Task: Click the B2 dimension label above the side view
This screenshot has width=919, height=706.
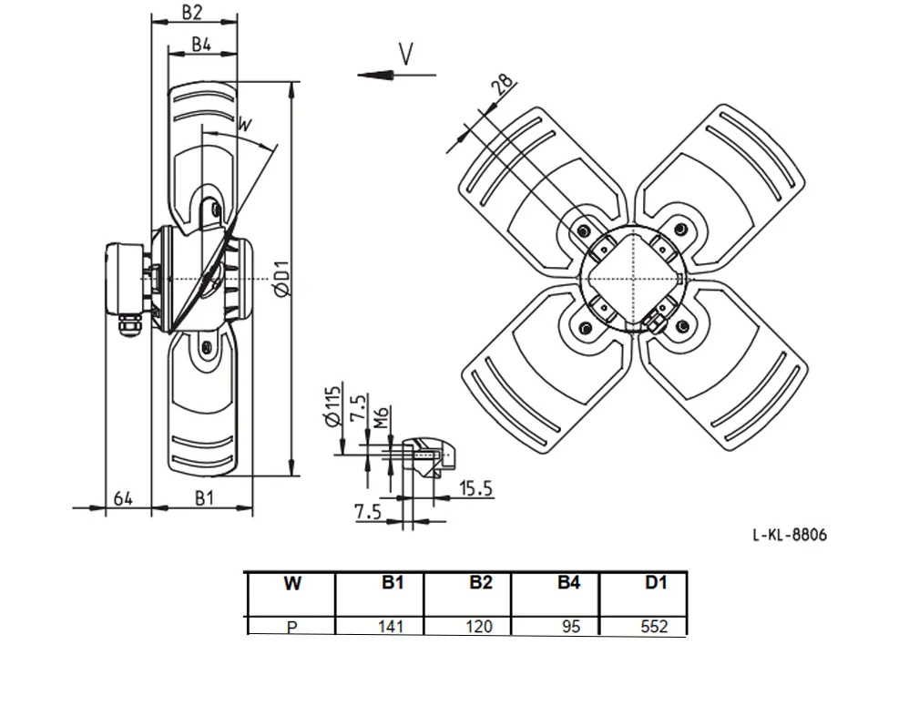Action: tap(191, 11)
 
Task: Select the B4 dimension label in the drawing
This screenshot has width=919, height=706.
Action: tap(201, 44)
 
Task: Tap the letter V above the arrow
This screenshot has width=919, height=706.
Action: tap(405, 54)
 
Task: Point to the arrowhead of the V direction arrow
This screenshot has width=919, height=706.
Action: tap(375, 75)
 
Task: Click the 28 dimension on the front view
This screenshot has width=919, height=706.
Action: tap(502, 85)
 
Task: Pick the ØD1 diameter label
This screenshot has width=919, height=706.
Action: tap(282, 278)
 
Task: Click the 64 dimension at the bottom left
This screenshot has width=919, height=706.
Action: tap(123, 499)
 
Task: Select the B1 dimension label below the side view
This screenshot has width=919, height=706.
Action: tap(204, 498)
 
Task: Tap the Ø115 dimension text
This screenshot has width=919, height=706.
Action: tap(332, 405)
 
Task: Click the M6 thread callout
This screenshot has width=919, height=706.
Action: tap(381, 417)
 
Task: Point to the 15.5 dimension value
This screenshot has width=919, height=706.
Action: tap(476, 488)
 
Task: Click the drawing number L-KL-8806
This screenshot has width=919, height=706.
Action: tap(790, 535)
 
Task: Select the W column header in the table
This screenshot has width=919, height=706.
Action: tap(292, 583)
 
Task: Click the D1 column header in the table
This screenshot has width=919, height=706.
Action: tap(656, 582)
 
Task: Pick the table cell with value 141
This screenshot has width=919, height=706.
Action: tap(391, 626)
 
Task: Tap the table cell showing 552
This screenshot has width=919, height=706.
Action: tap(654, 626)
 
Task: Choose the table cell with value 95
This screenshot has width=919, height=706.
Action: tap(570, 626)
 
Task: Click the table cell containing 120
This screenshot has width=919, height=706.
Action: tap(479, 626)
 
